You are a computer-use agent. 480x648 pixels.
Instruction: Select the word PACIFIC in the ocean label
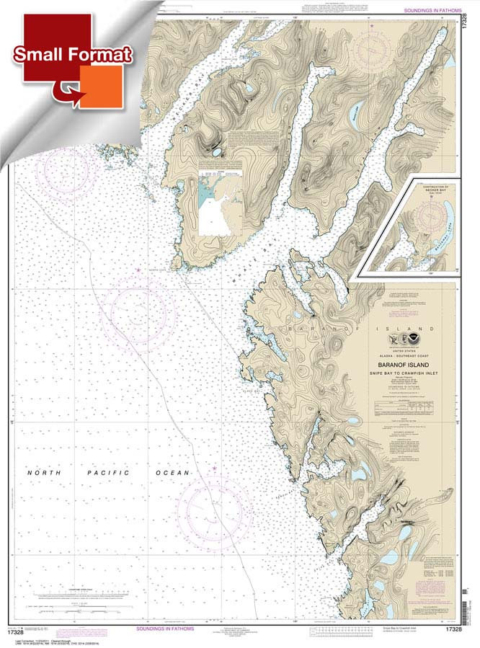tap(108, 473)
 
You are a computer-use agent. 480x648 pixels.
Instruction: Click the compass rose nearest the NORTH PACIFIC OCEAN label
tap(213, 512)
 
